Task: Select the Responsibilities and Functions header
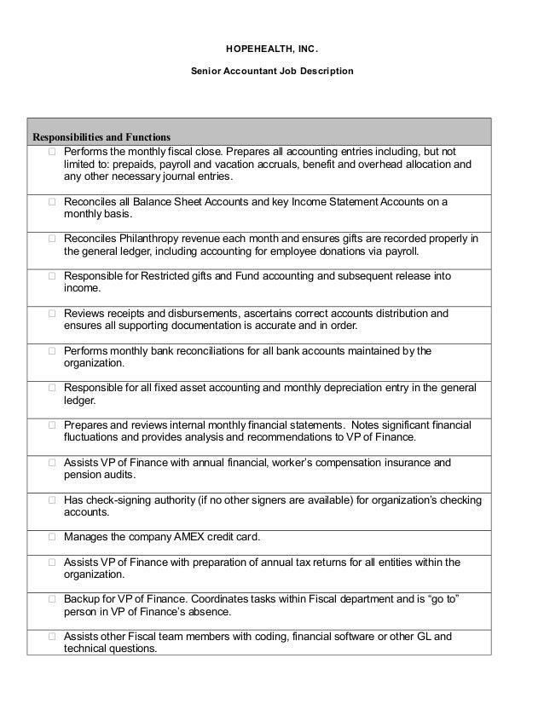coord(101,136)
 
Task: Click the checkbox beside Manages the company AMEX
coord(52,538)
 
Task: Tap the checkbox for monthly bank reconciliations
coord(52,351)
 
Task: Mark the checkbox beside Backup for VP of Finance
coord(52,599)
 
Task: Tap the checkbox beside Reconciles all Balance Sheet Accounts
coord(52,202)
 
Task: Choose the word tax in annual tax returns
coord(302,562)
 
